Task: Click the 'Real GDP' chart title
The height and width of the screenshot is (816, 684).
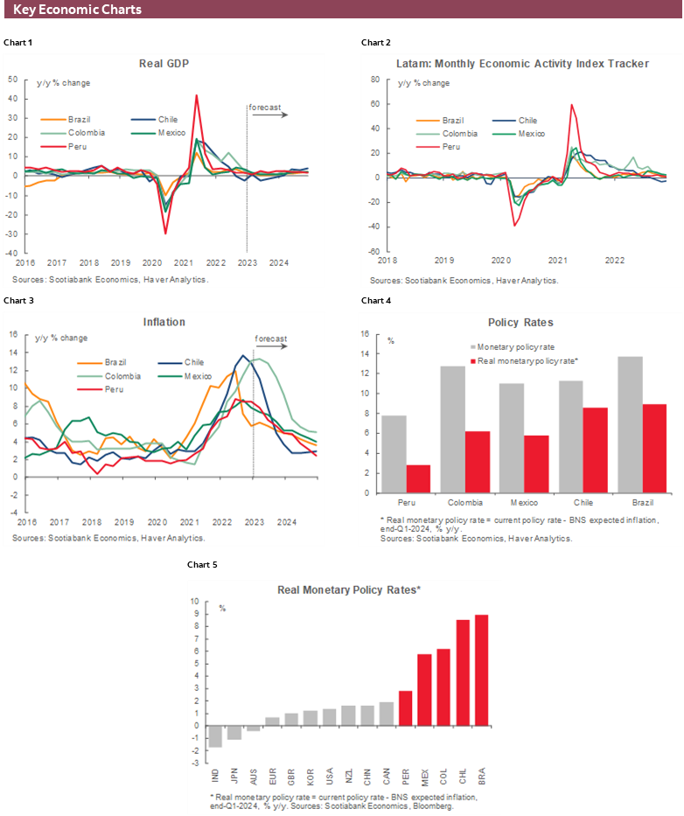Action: [x=164, y=64]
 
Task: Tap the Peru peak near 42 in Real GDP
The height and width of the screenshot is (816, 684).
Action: [x=196, y=95]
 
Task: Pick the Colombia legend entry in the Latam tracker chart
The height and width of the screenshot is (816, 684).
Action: [x=460, y=134]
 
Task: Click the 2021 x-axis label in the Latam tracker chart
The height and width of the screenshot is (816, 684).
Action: [x=557, y=260]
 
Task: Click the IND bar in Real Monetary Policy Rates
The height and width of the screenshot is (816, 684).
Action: [x=214, y=736]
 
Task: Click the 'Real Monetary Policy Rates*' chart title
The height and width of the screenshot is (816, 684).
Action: [x=349, y=590]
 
